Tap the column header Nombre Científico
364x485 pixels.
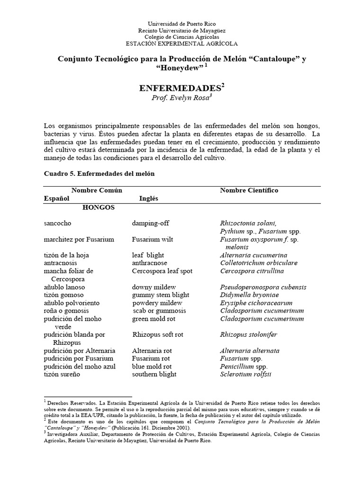(249, 190)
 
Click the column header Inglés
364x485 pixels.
(148, 199)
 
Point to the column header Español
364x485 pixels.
(56, 199)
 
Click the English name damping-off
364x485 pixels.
(150, 223)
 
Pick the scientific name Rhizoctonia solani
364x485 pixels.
(248, 223)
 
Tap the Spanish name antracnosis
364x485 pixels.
(60, 263)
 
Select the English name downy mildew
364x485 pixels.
(154, 287)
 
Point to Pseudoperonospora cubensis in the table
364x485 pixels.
(263, 287)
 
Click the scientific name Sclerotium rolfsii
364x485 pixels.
(245, 374)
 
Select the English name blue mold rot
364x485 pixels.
(152, 367)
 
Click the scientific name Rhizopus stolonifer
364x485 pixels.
(248, 335)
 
